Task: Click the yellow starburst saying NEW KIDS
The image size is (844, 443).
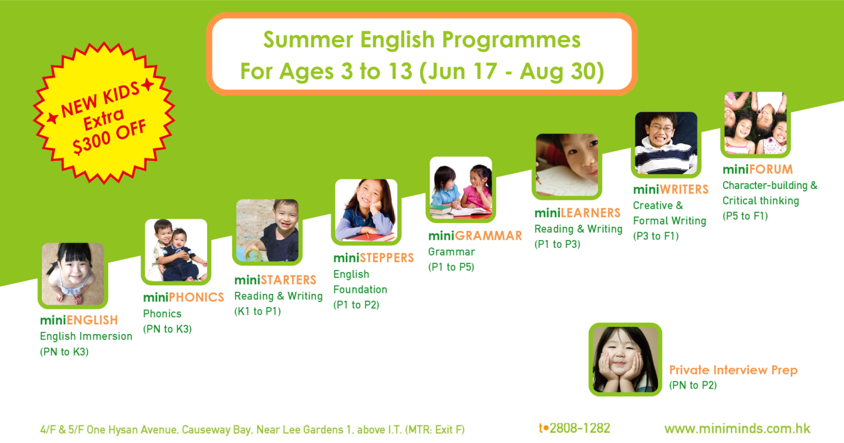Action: click(x=104, y=113)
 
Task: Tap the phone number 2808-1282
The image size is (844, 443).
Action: click(x=580, y=428)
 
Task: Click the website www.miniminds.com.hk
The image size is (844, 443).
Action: click(x=737, y=429)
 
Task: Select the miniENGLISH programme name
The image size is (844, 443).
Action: click(x=79, y=320)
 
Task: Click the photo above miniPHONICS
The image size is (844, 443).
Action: click(x=176, y=250)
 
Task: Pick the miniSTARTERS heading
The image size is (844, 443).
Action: click(x=275, y=280)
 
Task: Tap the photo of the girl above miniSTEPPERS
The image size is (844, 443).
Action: click(x=367, y=210)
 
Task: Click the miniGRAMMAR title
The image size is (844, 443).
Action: click(x=475, y=236)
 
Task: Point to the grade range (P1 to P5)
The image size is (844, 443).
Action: click(x=451, y=267)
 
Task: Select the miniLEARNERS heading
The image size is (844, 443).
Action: click(x=578, y=213)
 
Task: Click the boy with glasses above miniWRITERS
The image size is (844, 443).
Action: click(x=666, y=143)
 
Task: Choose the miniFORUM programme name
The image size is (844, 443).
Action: click(x=758, y=169)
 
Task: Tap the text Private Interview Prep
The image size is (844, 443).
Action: click(x=733, y=370)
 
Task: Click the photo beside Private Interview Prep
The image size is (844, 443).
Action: click(x=625, y=359)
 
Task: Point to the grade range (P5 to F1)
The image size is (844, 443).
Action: click(x=745, y=216)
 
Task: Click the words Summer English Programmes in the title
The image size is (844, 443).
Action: click(x=422, y=40)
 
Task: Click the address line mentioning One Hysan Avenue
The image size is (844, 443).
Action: click(x=252, y=429)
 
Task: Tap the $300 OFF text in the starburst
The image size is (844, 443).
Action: click(x=109, y=137)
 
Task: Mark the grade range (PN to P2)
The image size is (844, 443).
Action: click(x=693, y=385)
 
